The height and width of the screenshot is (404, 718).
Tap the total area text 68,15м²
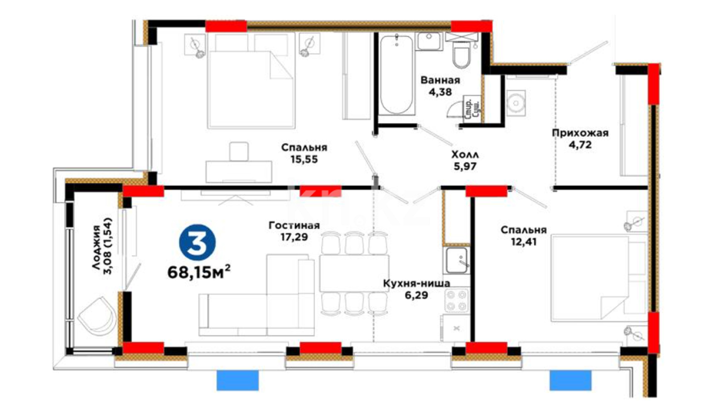pos(199,272)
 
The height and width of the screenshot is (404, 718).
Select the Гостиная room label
pos(294,225)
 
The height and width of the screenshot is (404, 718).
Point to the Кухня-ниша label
pos(416,283)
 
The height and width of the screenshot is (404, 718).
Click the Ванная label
pos(440,80)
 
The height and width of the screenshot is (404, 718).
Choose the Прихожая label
pos(580,133)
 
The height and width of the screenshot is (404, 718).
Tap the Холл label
pos(465,154)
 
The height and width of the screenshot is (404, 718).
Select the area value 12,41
pos(524,242)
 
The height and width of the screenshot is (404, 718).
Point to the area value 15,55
pos(304,159)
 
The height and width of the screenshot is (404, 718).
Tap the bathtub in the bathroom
pos(397,74)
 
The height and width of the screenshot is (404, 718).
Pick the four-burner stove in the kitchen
pos(456,300)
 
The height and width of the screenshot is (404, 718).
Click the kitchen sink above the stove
pos(456,260)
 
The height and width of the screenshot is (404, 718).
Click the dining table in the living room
pos(354,273)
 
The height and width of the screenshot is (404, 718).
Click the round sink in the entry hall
pos(516,101)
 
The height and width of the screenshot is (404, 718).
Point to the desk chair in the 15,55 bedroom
pos(239,151)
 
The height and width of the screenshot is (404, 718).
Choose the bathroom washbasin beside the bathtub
pos(429,41)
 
